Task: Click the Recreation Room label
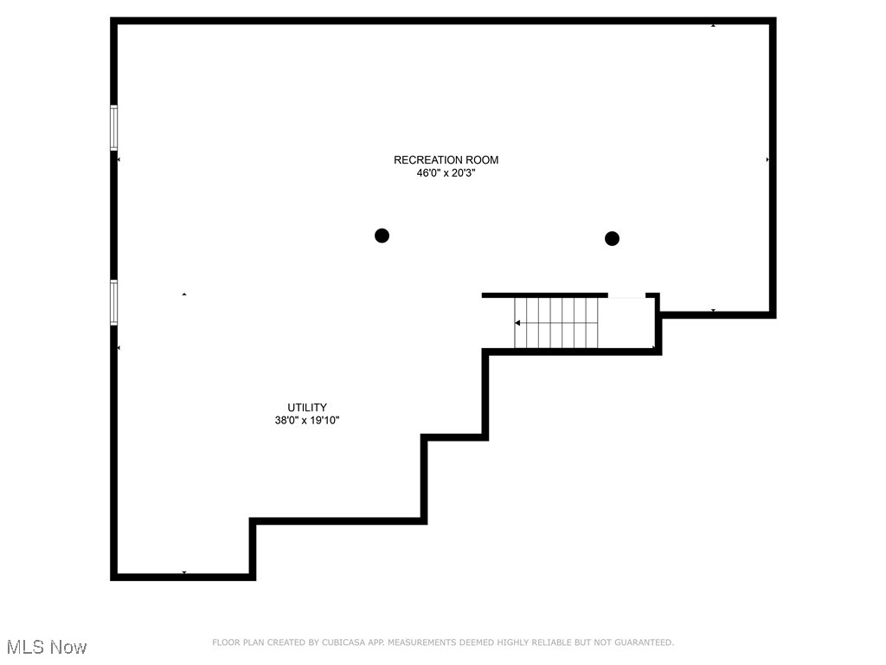[x=446, y=159]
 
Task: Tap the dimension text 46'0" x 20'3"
[x=446, y=173]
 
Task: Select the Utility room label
[x=307, y=407]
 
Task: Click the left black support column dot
[x=382, y=236]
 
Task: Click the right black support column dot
[x=613, y=238]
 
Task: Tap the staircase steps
[x=556, y=323]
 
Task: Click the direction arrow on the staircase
[x=517, y=323]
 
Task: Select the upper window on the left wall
[x=113, y=127]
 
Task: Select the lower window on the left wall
[x=113, y=302]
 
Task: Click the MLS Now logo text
[x=47, y=647]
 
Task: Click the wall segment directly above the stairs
[x=544, y=295]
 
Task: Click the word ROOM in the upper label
[x=481, y=159]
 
